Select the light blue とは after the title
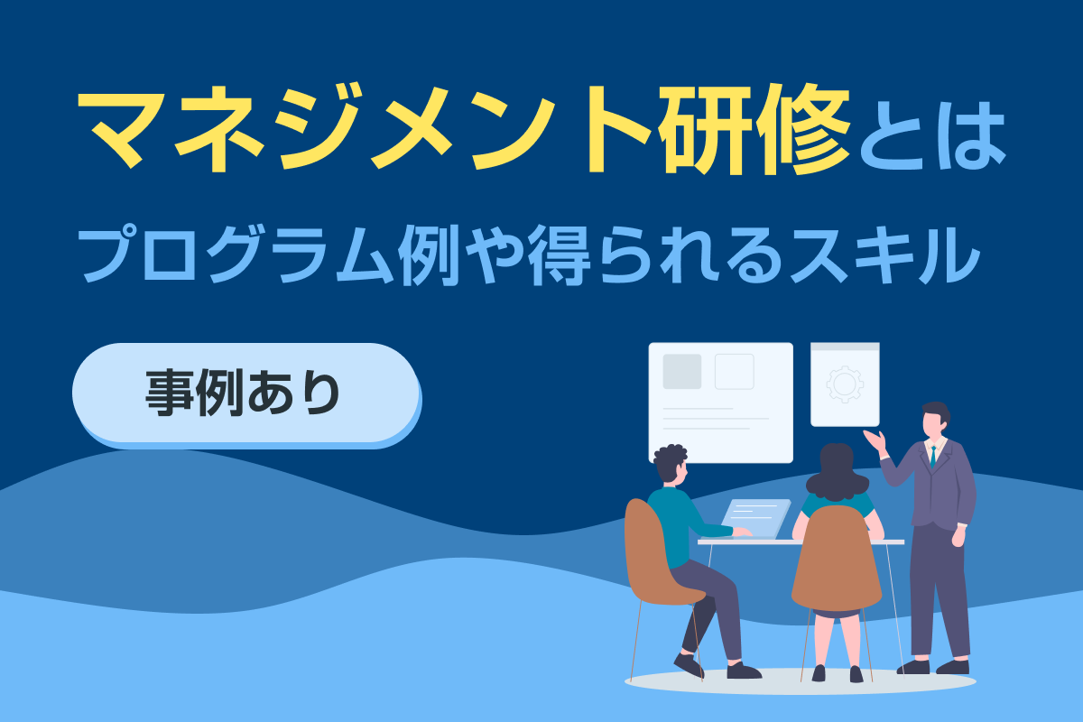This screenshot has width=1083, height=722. (x=932, y=135)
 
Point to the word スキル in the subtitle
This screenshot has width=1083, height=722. (x=885, y=255)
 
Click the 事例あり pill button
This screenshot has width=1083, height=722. (x=246, y=395)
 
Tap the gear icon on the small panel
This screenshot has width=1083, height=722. (x=845, y=384)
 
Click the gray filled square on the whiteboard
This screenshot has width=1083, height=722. (x=681, y=372)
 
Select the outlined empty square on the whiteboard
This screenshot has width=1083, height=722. (x=735, y=372)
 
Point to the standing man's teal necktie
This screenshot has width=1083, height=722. (x=932, y=457)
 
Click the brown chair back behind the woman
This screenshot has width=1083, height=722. (x=837, y=559)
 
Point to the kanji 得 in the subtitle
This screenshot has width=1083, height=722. (x=560, y=255)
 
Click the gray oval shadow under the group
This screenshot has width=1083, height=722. (x=801, y=680)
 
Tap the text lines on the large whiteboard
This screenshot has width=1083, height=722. (x=716, y=419)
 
